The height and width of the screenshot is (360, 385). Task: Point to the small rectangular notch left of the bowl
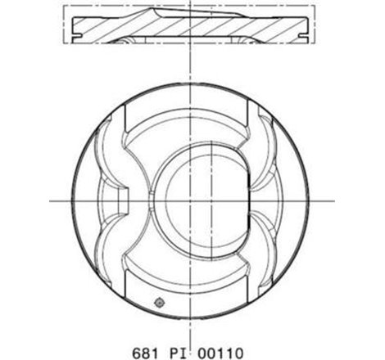point(125,200)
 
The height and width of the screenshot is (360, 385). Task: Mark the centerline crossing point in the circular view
point(192,200)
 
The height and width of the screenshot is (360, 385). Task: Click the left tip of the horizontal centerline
point(51,200)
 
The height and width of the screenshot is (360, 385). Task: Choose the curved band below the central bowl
point(192,274)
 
